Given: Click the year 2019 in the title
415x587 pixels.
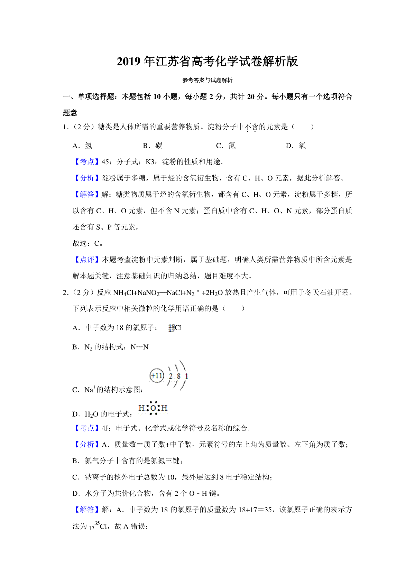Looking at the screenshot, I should click(129, 62).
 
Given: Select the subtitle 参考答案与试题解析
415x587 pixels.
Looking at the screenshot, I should click(207, 80).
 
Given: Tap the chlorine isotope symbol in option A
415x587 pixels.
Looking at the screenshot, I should click(175, 328).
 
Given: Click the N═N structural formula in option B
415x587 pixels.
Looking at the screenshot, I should click(139, 347).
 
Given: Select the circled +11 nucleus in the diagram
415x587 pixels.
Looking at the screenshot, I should click(157, 375).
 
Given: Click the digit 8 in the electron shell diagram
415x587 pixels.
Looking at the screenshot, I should click(178, 376).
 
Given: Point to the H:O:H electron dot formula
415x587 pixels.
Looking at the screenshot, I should click(153, 408).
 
